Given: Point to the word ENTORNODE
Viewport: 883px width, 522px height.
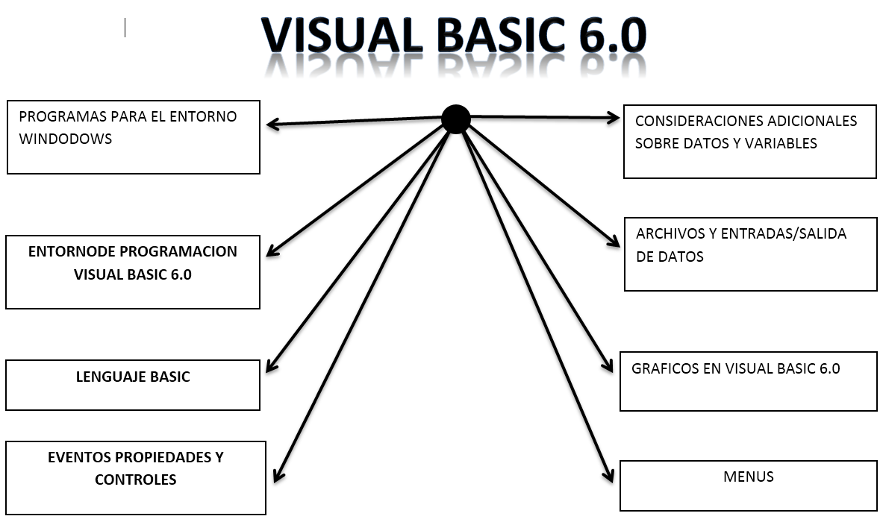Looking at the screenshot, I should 69,252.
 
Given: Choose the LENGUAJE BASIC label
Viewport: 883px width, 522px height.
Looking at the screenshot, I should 133,377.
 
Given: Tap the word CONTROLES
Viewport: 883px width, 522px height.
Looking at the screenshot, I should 135,479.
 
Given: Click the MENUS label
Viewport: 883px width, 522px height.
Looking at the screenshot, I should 748,477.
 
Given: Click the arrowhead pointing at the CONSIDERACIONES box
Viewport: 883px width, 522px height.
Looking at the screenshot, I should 613,117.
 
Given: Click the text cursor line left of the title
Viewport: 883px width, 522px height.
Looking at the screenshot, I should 125,28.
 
